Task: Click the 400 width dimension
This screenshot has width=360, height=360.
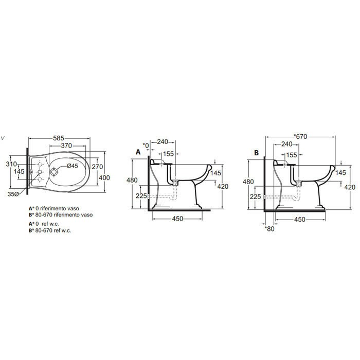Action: click(x=105, y=177)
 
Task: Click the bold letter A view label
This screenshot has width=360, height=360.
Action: click(x=138, y=152)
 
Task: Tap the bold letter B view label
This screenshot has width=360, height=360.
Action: click(x=256, y=152)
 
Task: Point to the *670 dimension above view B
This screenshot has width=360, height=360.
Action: click(x=300, y=136)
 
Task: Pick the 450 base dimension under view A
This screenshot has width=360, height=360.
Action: click(x=177, y=219)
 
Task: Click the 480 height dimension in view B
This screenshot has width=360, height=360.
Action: click(x=248, y=182)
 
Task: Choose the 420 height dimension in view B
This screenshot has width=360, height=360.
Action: click(x=350, y=187)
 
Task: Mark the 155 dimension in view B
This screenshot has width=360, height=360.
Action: click(x=292, y=154)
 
